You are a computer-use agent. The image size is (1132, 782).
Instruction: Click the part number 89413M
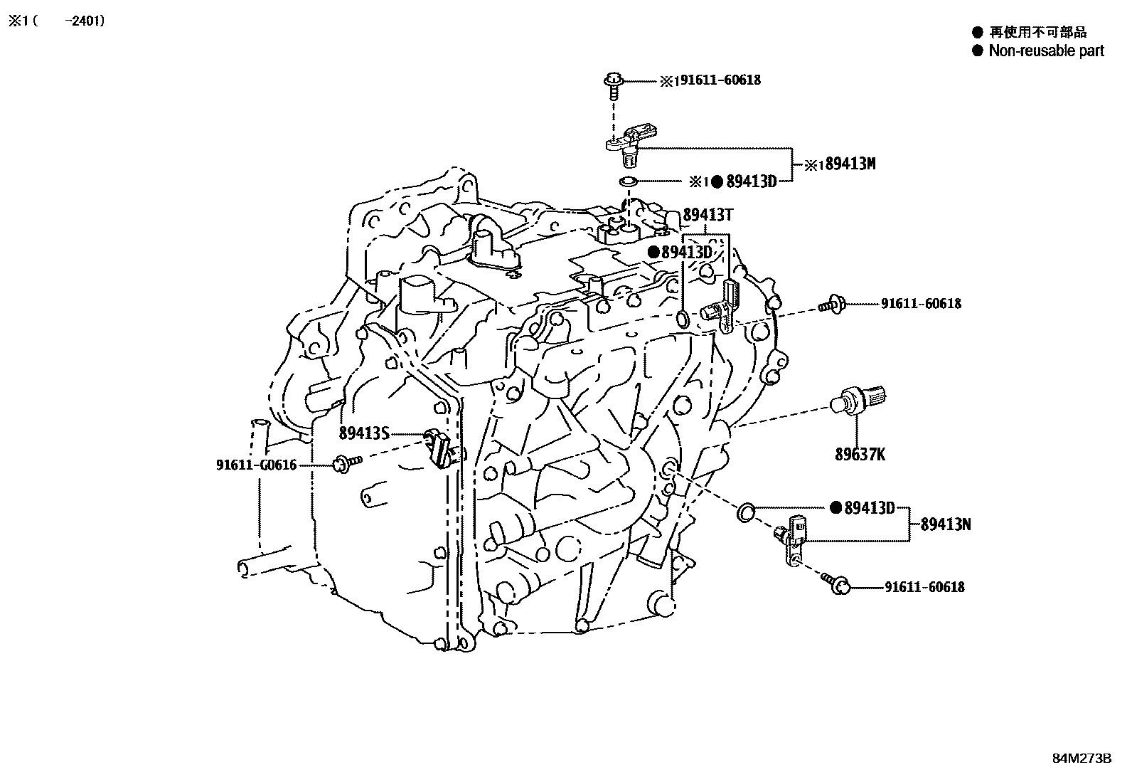849,164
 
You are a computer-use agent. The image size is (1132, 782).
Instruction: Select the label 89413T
708,216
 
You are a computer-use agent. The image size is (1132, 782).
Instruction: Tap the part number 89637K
860,454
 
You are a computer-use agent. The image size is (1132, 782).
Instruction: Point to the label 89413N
946,525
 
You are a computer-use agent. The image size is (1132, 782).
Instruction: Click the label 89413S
364,433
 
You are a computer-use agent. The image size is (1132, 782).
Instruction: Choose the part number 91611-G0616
256,465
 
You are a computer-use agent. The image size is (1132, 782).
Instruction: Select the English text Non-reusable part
1046,51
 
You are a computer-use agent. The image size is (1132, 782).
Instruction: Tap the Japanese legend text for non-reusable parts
1037,32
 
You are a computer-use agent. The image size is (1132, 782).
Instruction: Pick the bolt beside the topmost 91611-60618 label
614,83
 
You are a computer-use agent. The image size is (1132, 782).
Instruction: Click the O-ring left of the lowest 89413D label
747,510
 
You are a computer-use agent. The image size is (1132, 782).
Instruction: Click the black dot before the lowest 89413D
836,508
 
